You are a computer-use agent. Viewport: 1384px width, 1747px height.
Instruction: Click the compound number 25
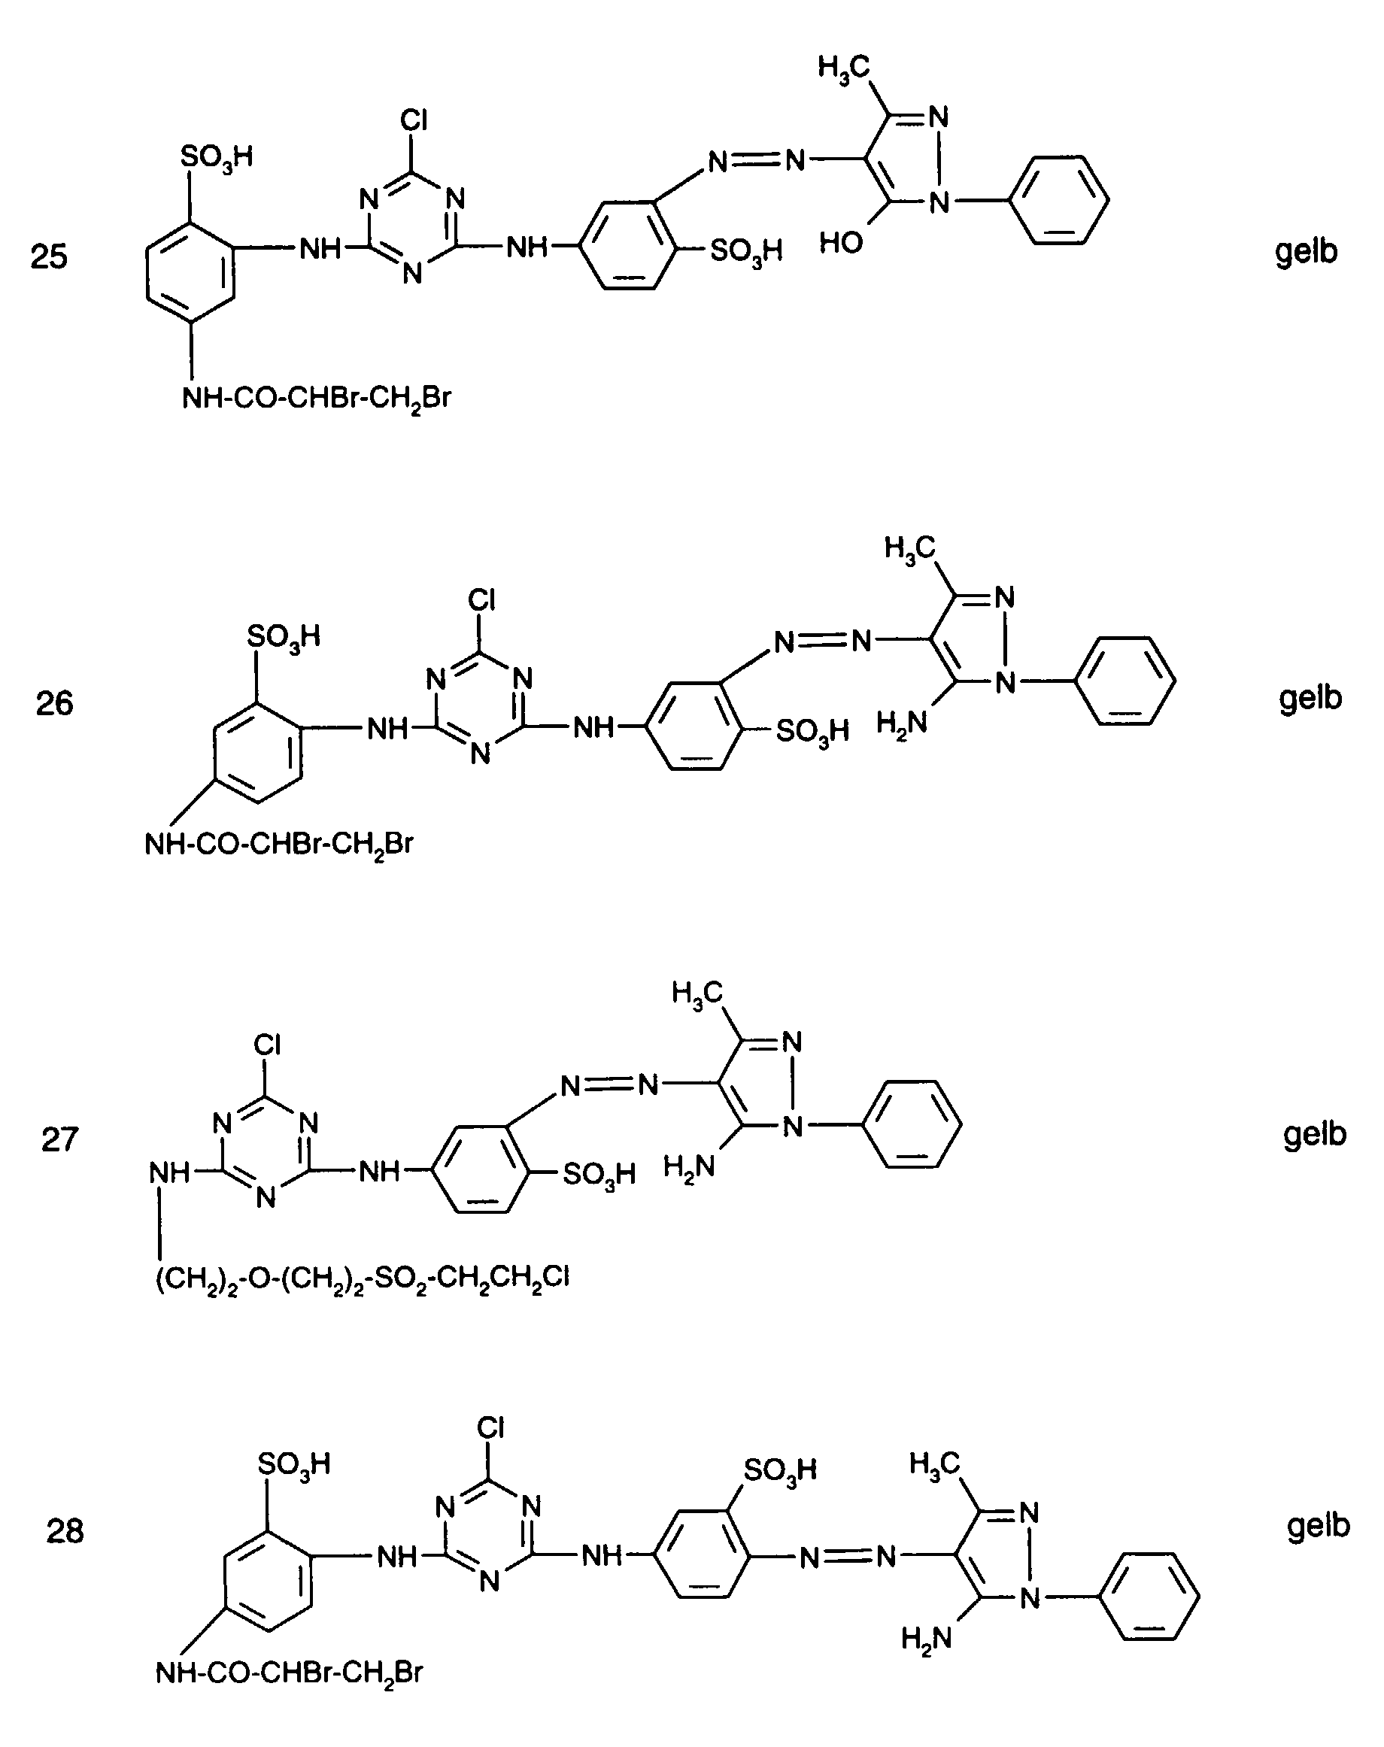click(49, 257)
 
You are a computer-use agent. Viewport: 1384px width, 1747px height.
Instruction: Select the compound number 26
click(54, 703)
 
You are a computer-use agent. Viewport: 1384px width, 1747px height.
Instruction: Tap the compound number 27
click(59, 1139)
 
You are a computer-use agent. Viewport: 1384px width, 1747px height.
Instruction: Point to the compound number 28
click(65, 1531)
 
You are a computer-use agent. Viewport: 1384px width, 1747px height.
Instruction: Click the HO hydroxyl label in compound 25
click(840, 242)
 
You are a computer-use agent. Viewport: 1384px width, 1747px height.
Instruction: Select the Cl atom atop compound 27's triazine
click(268, 1045)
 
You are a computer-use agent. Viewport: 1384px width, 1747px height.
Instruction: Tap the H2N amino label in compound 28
click(926, 1639)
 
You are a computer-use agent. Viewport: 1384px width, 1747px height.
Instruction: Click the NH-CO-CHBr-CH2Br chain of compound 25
click(316, 399)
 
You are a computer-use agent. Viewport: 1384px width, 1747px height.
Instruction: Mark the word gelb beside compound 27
click(1314, 1133)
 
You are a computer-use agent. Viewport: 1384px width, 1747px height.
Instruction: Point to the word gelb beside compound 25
click(1306, 251)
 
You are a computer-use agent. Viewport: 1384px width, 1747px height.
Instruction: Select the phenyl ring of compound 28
click(1152, 1597)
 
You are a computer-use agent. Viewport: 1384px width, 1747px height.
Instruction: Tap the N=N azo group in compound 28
click(847, 1557)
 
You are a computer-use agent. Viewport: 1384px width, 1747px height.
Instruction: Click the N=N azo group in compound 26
click(821, 642)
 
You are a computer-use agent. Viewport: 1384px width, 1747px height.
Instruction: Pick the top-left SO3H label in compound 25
click(216, 156)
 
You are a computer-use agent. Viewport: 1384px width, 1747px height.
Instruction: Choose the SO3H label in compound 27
click(598, 1174)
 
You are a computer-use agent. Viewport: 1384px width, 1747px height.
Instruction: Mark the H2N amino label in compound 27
click(689, 1167)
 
